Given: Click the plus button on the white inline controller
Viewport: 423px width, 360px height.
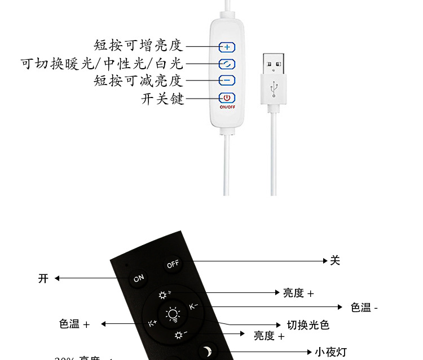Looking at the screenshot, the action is coord(227,47).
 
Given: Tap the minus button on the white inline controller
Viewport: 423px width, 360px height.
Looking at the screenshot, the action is coord(227,81).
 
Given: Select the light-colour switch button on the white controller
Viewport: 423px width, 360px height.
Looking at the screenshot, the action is coord(227,64).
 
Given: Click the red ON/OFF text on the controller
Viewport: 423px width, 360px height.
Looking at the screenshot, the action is coord(227,106).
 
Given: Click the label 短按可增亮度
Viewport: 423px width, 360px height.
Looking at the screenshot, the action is coord(139,46).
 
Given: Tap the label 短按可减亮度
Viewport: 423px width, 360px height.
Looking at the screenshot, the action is coord(139,81).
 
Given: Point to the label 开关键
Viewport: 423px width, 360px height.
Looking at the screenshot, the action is coord(162,99).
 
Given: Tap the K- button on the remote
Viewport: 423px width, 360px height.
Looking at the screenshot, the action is coord(193,306).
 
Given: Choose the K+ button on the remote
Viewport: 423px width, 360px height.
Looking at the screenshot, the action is coord(153,323).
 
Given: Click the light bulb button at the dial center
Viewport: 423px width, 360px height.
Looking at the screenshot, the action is coord(172,315).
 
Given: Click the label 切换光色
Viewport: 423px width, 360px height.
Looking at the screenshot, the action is coord(308,325).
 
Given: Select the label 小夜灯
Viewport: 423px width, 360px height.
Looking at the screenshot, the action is coord(331,352).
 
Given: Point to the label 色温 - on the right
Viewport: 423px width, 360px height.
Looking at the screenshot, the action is coord(364,307).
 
